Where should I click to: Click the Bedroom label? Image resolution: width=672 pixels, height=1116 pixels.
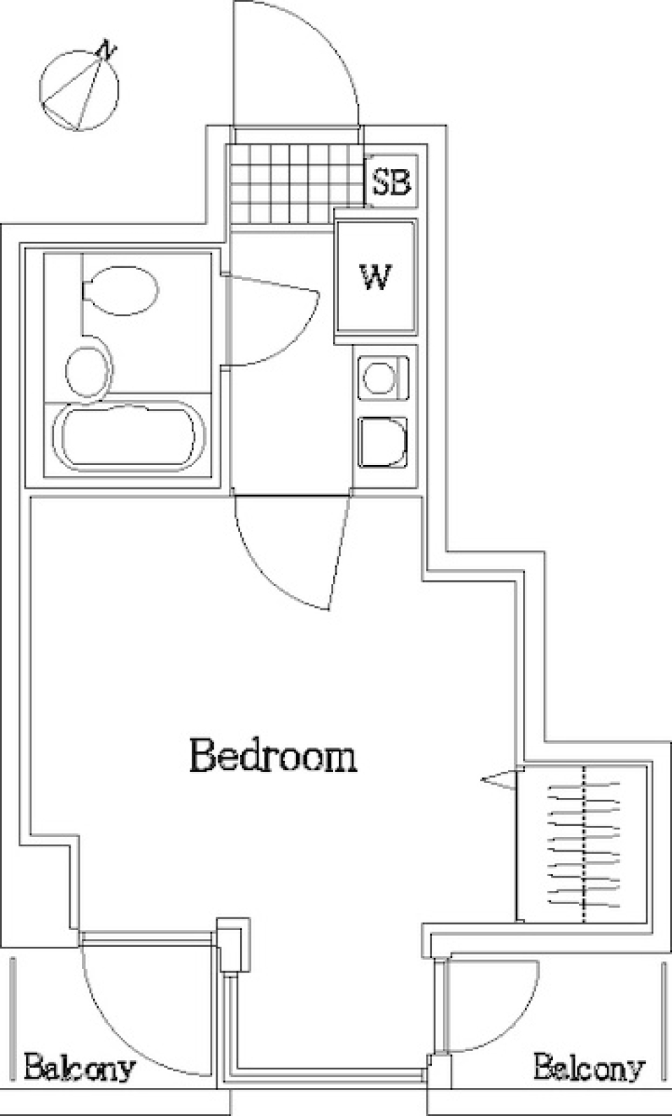pyautogui.click(x=273, y=756)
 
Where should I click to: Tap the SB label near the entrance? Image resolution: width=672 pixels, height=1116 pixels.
pyautogui.click(x=391, y=182)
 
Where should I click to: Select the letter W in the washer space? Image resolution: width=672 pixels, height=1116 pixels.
pyautogui.click(x=376, y=277)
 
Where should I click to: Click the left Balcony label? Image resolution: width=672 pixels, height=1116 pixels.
pyautogui.click(x=80, y=1067)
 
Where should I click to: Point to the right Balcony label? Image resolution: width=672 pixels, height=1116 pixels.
pyautogui.click(x=589, y=1067)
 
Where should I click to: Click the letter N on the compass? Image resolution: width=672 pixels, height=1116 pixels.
pyautogui.click(x=107, y=50)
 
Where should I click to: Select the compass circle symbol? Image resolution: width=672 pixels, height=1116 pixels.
pyautogui.click(x=79, y=90)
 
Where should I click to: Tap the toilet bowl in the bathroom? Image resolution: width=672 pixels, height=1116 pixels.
pyautogui.click(x=120, y=290)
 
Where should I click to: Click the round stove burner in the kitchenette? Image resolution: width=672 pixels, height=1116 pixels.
pyautogui.click(x=379, y=377)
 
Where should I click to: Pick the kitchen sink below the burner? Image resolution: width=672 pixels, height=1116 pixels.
pyautogui.click(x=382, y=442)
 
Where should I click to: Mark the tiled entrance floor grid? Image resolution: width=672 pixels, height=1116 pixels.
pyautogui.click(x=295, y=185)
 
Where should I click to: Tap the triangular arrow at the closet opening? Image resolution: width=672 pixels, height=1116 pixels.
pyautogui.click(x=498, y=780)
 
